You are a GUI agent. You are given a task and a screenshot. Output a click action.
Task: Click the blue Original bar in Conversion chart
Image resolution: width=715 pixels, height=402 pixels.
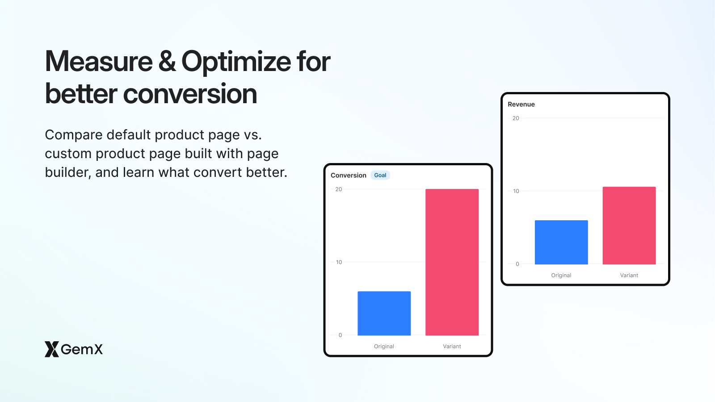pyautogui.click(x=384, y=313)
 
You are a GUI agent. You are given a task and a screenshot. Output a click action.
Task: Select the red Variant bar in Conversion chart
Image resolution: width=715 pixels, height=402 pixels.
pyautogui.click(x=452, y=262)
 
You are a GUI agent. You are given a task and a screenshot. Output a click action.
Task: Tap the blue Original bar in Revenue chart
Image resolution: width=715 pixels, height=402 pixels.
pyautogui.click(x=561, y=242)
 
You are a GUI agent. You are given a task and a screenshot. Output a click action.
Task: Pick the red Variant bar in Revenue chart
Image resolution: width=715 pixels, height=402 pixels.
pyautogui.click(x=629, y=226)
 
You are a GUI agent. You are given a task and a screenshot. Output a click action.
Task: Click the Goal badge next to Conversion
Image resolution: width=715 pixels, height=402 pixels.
pyautogui.click(x=380, y=175)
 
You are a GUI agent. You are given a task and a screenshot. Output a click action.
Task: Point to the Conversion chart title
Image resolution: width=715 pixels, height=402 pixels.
pyautogui.click(x=348, y=175)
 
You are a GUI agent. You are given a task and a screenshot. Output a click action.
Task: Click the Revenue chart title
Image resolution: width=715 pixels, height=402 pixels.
pyautogui.click(x=521, y=104)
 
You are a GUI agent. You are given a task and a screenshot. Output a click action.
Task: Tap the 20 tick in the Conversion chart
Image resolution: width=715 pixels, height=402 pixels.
pyautogui.click(x=339, y=189)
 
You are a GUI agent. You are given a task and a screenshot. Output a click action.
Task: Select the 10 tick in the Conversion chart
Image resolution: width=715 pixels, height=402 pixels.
pyautogui.click(x=339, y=262)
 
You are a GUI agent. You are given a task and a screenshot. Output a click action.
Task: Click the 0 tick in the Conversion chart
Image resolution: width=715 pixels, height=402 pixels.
pyautogui.click(x=340, y=335)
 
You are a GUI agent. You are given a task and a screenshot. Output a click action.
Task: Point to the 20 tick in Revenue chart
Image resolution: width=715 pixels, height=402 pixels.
pyautogui.click(x=516, y=118)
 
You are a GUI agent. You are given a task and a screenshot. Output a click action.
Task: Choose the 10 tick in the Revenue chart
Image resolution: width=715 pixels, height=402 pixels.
pyautogui.click(x=516, y=191)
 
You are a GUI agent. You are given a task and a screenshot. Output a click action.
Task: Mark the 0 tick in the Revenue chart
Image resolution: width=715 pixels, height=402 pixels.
pyautogui.click(x=517, y=264)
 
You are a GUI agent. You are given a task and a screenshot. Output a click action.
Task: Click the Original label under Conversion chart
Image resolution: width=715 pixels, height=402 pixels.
pyautogui.click(x=384, y=346)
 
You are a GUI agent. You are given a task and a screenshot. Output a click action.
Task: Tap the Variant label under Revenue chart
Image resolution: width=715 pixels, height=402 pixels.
pyautogui.click(x=629, y=275)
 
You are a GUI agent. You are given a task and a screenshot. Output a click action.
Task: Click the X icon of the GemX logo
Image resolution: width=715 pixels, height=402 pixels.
pyautogui.click(x=51, y=349)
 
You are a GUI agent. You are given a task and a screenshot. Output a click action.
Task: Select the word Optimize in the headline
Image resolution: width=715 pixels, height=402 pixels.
pyautogui.click(x=236, y=62)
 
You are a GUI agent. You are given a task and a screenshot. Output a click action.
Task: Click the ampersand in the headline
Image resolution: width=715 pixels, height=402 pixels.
pyautogui.click(x=167, y=62)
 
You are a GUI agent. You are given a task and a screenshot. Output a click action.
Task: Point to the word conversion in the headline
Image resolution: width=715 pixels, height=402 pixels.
pyautogui.click(x=190, y=94)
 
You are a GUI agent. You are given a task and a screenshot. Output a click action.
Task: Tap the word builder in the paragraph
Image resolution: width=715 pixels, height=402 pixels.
pyautogui.click(x=68, y=172)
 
